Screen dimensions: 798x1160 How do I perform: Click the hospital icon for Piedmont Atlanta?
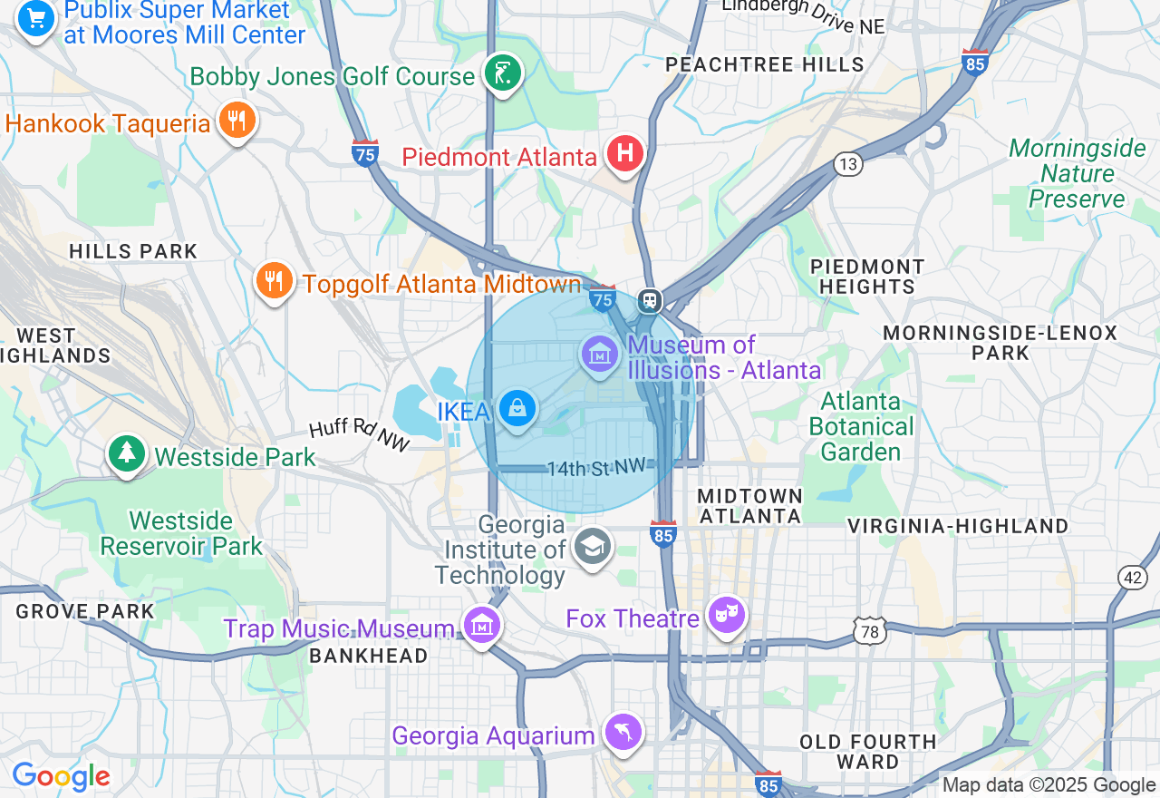pyautogui.click(x=624, y=153)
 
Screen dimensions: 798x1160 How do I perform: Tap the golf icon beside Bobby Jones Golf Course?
pyautogui.click(x=501, y=73)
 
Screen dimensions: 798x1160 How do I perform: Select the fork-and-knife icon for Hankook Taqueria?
pyautogui.click(x=237, y=120)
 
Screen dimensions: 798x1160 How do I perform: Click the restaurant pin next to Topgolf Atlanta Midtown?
pyautogui.click(x=273, y=280)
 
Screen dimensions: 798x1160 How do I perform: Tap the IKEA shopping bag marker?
pyautogui.click(x=517, y=409)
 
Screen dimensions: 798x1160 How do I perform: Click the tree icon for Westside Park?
pyautogui.click(x=127, y=453)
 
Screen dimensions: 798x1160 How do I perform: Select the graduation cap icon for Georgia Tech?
pyautogui.click(x=592, y=546)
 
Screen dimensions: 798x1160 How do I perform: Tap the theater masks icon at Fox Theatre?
pyautogui.click(x=726, y=616)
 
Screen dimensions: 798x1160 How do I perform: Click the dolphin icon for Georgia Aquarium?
pyautogui.click(x=623, y=732)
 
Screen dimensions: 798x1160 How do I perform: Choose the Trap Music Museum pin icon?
pyautogui.click(x=482, y=625)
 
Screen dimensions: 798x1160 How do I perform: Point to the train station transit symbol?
pyautogui.click(x=649, y=301)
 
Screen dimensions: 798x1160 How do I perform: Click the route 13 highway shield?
pyautogui.click(x=848, y=164)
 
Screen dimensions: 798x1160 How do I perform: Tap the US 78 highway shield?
pyautogui.click(x=869, y=632)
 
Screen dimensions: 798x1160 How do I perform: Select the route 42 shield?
pyautogui.click(x=1132, y=578)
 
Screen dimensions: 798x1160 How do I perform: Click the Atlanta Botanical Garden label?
pyautogui.click(x=861, y=426)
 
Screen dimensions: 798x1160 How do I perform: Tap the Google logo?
pyautogui.click(x=61, y=777)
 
